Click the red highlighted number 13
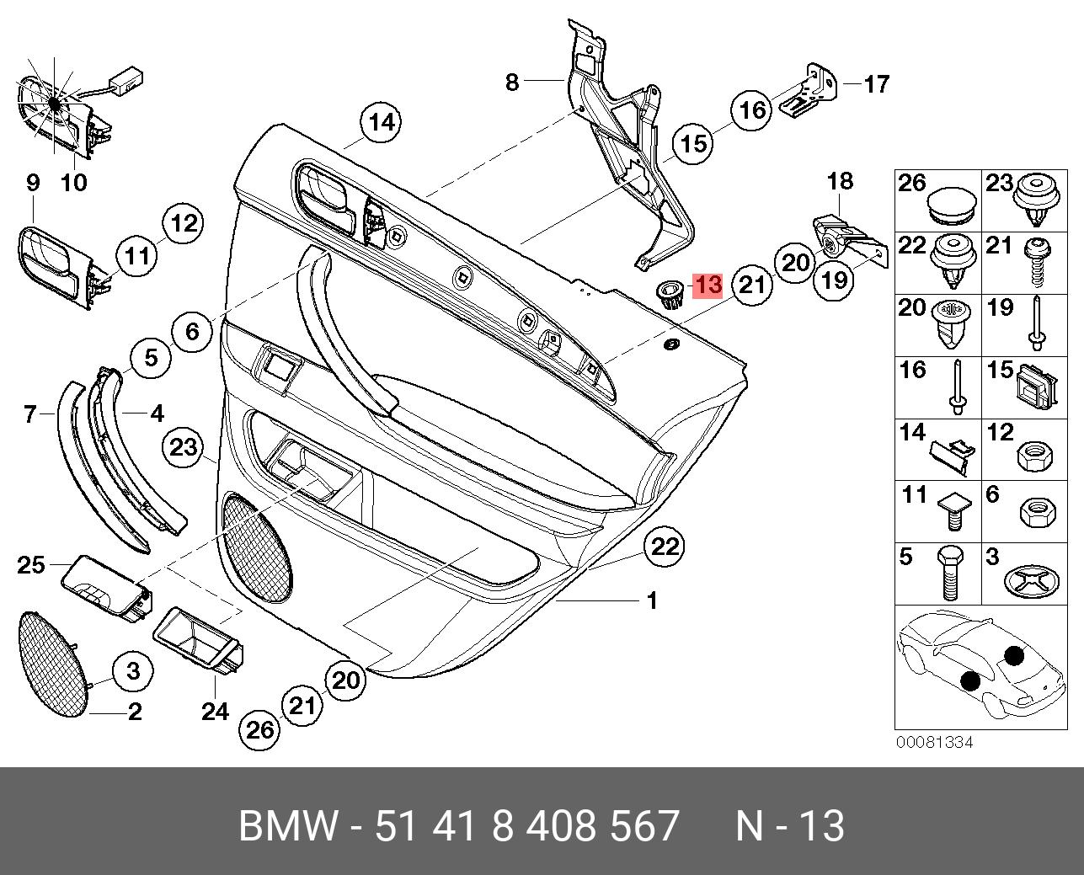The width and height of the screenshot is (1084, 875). tap(707, 285)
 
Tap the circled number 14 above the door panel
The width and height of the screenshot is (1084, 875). tap(381, 123)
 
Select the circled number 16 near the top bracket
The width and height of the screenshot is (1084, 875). tap(750, 109)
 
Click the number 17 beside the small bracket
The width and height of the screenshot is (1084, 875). tap(876, 84)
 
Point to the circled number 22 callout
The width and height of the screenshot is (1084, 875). tap(665, 547)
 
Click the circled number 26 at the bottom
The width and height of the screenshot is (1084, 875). tap(260, 729)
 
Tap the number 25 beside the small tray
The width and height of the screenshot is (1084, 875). tap(31, 564)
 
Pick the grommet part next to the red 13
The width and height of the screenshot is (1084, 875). tap(670, 294)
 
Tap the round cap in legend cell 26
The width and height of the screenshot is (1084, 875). tap(953, 201)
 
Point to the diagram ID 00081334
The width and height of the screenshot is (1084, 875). tap(933, 743)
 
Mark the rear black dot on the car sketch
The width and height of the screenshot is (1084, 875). tap(1013, 654)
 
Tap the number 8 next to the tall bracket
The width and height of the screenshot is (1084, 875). tap(512, 82)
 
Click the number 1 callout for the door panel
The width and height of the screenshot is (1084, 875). tap(651, 601)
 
